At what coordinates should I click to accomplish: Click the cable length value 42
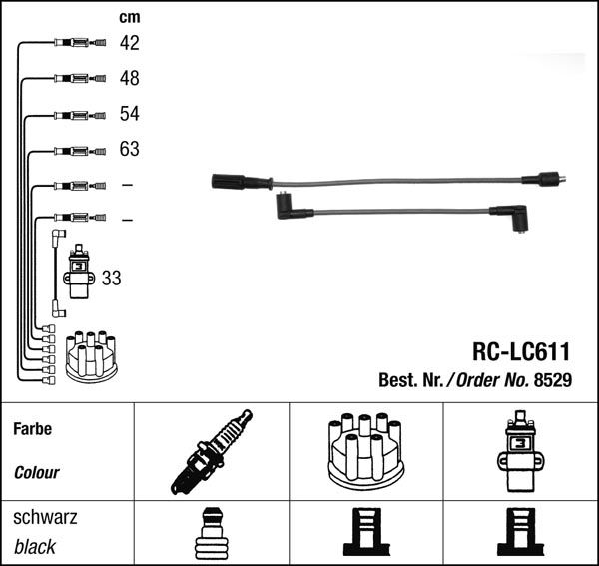(x=129, y=43)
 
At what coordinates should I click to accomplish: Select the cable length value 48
(x=129, y=78)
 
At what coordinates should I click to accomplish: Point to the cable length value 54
(x=129, y=114)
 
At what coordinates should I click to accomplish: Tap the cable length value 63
(x=129, y=150)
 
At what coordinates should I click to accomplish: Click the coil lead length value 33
(x=111, y=279)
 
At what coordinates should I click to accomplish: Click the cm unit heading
(x=129, y=17)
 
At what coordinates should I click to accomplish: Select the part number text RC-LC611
(x=520, y=352)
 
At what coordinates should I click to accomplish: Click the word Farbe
(x=33, y=429)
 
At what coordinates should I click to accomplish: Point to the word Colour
(x=37, y=473)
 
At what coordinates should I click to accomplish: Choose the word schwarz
(x=45, y=518)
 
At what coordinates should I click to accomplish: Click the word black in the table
(x=35, y=547)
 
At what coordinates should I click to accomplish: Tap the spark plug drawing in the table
(x=212, y=452)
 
